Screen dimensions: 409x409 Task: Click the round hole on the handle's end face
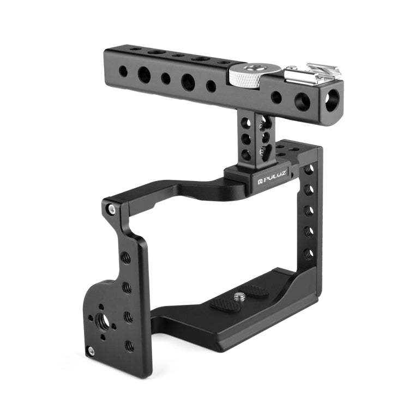coord(332,99)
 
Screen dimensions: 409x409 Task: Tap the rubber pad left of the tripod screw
coord(225,303)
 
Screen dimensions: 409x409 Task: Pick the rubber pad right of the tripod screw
coord(255,291)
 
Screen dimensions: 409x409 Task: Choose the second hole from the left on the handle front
coord(145,75)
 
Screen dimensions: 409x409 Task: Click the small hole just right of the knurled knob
coord(276,97)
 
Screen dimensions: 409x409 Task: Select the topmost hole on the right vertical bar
coord(309,170)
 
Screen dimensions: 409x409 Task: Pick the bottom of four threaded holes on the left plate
coord(129,345)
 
